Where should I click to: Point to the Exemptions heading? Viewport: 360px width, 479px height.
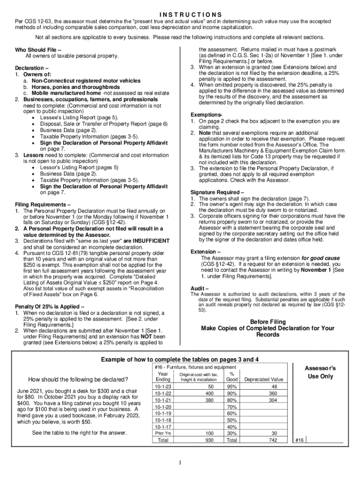pyautogui.click(x=206, y=115)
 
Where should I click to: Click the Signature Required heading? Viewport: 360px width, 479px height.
pyautogui.click(x=217, y=192)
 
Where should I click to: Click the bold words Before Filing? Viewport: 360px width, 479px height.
pyautogui.click(x=267, y=321)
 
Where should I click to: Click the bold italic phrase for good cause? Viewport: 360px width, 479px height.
pyautogui.click(x=320, y=258)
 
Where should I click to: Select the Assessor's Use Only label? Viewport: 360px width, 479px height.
pyautogui.click(x=320, y=372)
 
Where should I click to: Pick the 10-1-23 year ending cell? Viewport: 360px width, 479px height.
pyautogui.click(x=163, y=387)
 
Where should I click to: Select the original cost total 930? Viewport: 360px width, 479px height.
pyautogui.click(x=209, y=440)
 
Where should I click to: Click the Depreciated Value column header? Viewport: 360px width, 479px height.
pyautogui.click(x=264, y=379)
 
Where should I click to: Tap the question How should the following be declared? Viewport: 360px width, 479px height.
pyautogui.click(x=79, y=379)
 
